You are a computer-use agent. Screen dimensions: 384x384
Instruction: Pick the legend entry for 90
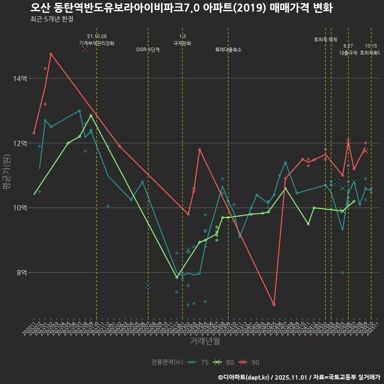click(x=250, y=362)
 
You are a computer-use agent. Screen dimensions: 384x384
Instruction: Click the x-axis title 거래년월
click(x=205, y=341)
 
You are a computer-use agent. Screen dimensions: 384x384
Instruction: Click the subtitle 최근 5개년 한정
click(x=52, y=19)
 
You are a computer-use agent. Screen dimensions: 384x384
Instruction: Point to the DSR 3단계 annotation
click(x=148, y=50)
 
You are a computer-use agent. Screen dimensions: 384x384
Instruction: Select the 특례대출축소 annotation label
click(x=228, y=50)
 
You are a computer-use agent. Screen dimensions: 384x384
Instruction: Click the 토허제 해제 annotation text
click(x=326, y=40)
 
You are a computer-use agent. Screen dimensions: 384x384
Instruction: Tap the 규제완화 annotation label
click(x=182, y=43)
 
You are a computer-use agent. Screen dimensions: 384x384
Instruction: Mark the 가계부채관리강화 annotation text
click(x=97, y=43)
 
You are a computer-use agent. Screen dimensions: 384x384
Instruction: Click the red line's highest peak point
click(x=51, y=54)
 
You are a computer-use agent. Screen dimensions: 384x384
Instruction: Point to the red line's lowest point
click(x=274, y=305)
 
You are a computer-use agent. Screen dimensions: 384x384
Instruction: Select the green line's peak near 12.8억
click(x=91, y=116)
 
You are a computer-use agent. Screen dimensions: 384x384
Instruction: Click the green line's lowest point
click(x=177, y=277)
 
